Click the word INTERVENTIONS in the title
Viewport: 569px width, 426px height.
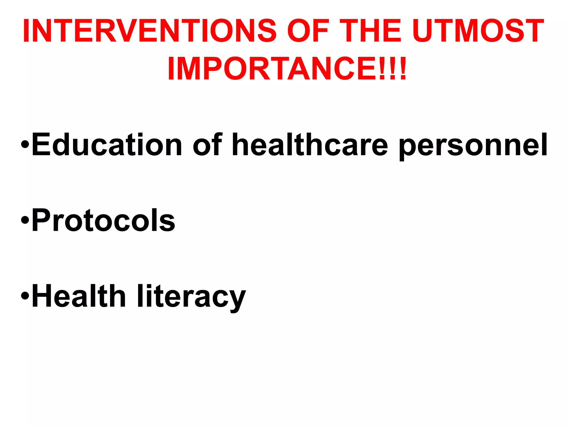click(x=150, y=31)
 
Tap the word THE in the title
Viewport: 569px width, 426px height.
click(x=371, y=31)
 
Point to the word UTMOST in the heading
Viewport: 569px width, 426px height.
click(x=478, y=31)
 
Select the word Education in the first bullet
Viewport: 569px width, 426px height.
click(x=107, y=145)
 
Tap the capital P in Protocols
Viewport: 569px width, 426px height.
click(x=42, y=220)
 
